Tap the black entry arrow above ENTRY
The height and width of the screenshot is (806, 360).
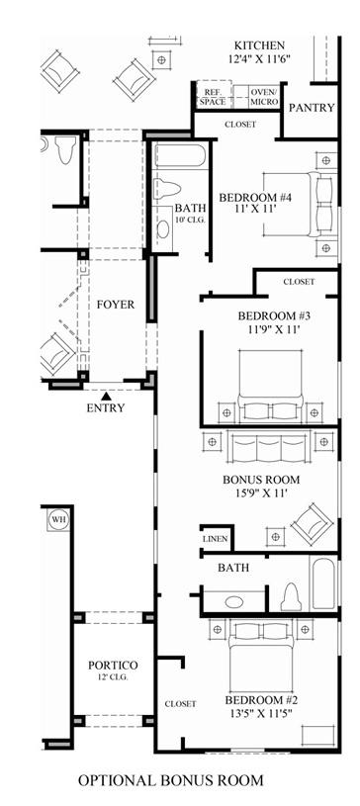point(106,396)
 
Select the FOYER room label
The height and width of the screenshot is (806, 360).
point(116,305)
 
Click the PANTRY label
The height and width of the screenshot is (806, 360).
point(312,108)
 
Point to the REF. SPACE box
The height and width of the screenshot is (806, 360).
point(213,97)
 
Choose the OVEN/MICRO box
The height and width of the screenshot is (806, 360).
point(264,97)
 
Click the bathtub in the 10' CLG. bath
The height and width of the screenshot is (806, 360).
point(179,155)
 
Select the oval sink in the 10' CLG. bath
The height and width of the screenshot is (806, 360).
point(163,229)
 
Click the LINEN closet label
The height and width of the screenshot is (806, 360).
point(215,539)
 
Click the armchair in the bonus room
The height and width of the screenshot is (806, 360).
point(312,524)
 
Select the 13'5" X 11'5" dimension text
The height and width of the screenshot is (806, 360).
point(261,713)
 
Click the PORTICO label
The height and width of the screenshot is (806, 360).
point(113,666)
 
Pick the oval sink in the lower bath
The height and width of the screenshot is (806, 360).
point(234,601)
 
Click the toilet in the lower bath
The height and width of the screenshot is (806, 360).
point(292,596)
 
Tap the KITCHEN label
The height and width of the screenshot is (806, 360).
point(260,45)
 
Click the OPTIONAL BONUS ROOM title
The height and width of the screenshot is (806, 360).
point(171,780)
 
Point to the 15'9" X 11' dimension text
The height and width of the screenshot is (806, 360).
point(261,493)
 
